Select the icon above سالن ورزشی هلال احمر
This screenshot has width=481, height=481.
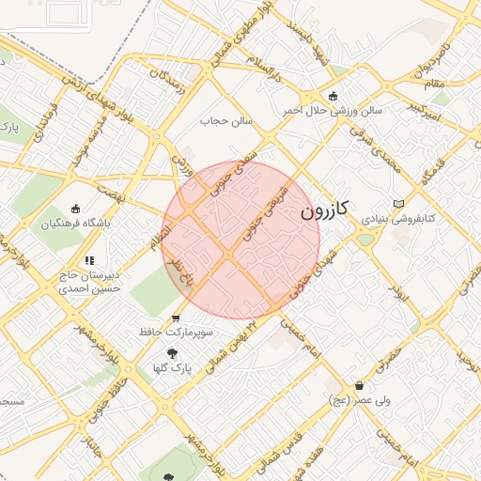pos(333,95)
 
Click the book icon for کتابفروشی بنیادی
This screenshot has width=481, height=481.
pos(398,203)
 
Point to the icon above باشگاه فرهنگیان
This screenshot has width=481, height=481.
pos(76,209)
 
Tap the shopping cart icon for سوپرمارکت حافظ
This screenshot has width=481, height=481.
pos(176,318)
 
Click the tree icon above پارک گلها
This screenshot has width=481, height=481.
pos(170,353)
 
